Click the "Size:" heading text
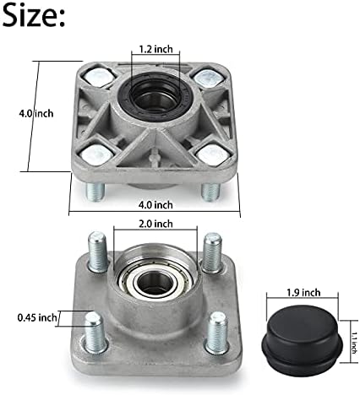coord(34,15)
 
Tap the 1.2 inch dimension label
coord(155,49)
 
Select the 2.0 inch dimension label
coord(155,224)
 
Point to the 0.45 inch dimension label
coord(37,318)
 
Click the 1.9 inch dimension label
coord(303,293)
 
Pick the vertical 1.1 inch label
coord(353,343)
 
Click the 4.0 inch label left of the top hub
coord(35,114)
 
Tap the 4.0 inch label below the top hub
coord(155,205)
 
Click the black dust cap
coord(302,340)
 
